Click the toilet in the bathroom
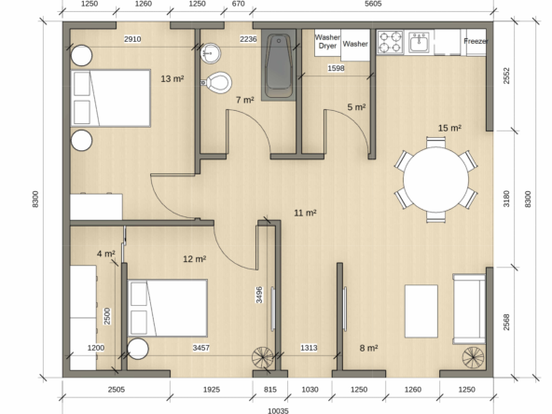click(216, 83)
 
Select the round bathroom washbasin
click(211, 53)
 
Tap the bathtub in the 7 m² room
click(279, 66)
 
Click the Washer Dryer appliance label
click(327, 42)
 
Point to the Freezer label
click(476, 41)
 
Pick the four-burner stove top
click(390, 42)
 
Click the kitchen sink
click(419, 42)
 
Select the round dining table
click(435, 180)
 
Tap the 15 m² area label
click(449, 128)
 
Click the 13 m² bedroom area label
click(172, 79)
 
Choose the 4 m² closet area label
click(106, 254)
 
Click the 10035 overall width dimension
click(278, 410)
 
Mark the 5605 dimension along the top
click(373, 4)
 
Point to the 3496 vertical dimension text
click(259, 295)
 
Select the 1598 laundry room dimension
click(336, 68)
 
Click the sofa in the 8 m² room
click(469, 309)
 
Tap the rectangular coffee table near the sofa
click(421, 311)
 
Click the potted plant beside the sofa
click(473, 358)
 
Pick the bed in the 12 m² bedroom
click(167, 308)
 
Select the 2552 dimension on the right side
click(506, 76)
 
